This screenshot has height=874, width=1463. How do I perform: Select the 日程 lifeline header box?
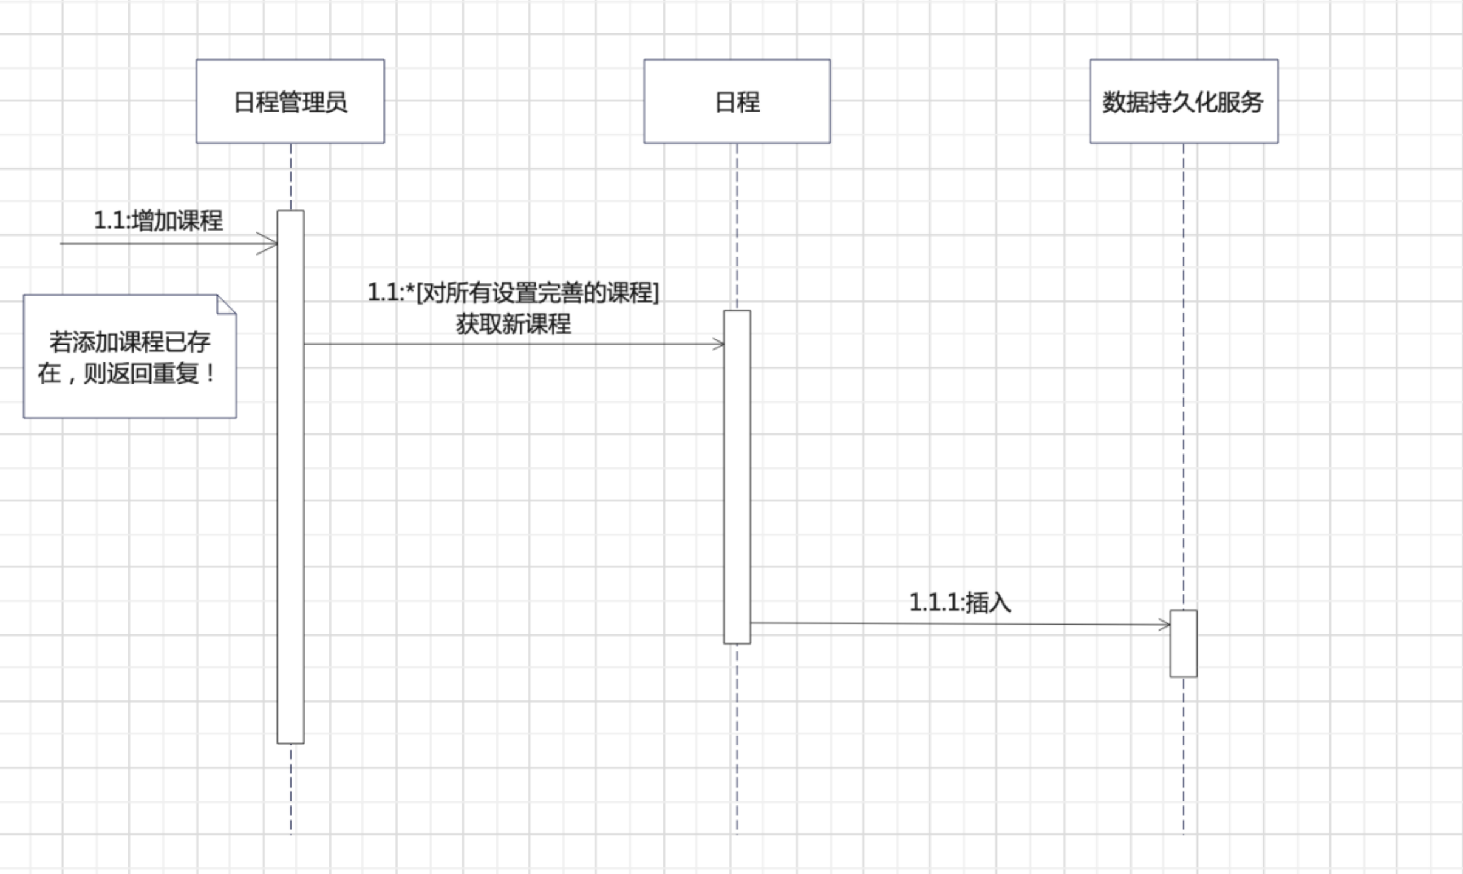737,101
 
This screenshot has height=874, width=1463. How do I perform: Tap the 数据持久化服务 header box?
1183,101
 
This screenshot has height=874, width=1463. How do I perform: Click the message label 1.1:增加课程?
159,220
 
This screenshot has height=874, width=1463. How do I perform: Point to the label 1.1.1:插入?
960,603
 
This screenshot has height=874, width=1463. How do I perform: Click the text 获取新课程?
513,324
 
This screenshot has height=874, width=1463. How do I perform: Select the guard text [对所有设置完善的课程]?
537,293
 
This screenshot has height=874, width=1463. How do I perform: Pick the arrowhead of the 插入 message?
1165,625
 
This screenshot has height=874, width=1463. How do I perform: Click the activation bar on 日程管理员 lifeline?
290,486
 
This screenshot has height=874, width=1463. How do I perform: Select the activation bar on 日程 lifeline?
737,473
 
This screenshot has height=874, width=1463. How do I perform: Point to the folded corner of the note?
227,304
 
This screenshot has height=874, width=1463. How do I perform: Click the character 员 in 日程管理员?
336,102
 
